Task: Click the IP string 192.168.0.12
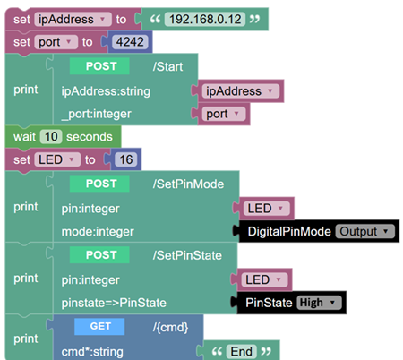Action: click(x=205, y=20)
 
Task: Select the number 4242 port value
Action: click(x=130, y=42)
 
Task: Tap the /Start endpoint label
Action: click(x=167, y=66)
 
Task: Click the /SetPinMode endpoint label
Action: click(x=188, y=184)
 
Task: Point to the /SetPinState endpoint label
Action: click(x=187, y=255)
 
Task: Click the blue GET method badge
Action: click(x=99, y=326)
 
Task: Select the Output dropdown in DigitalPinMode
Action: click(x=364, y=231)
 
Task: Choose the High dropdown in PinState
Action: click(x=319, y=303)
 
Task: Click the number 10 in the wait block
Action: click(x=51, y=137)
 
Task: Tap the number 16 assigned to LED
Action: click(x=126, y=159)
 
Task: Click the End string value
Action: click(x=241, y=351)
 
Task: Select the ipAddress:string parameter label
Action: click(x=106, y=91)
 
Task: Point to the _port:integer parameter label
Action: click(x=97, y=114)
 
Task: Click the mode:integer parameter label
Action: click(x=98, y=232)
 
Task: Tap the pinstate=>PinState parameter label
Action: click(x=114, y=303)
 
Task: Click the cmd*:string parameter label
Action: click(x=92, y=352)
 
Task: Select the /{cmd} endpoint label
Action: click(x=170, y=328)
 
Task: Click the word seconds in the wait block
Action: click(x=90, y=137)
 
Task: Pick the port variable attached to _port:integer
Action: click(x=223, y=114)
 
